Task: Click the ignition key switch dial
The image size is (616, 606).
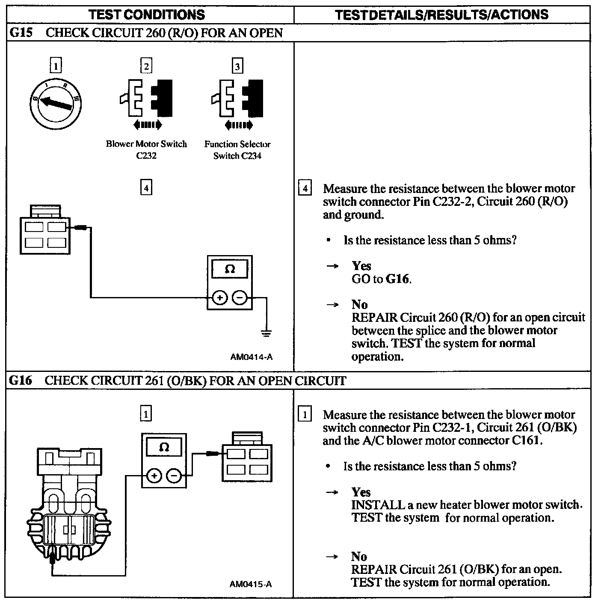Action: click(56, 104)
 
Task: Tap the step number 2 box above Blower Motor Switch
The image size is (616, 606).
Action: click(146, 66)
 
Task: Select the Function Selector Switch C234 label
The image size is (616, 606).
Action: click(237, 150)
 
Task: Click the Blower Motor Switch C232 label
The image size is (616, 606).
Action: click(146, 150)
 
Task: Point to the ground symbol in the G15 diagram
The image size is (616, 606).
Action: click(266, 333)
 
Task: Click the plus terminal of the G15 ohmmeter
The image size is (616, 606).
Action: click(219, 297)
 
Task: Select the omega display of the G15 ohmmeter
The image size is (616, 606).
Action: click(230, 269)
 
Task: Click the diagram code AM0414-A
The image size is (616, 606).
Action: click(251, 356)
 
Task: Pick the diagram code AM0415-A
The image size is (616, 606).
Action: click(251, 584)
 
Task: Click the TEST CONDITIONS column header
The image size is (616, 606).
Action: click(147, 15)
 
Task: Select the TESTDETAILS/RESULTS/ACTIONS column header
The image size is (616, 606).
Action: click(441, 15)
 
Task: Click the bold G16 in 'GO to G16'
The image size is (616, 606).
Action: click(398, 279)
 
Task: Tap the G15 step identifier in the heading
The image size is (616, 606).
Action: click(21, 33)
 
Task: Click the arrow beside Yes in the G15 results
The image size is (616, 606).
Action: click(332, 266)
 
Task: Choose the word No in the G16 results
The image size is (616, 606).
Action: click(359, 556)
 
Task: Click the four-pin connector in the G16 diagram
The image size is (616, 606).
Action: click(247, 462)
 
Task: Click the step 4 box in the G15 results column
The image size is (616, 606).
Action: click(305, 189)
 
